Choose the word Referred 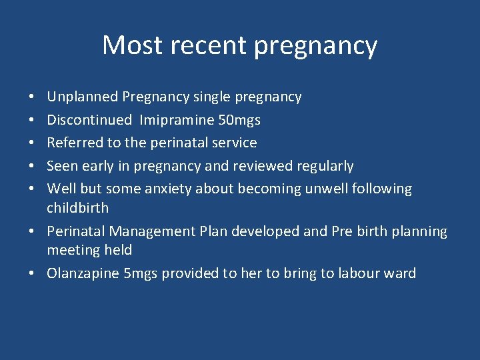pyautogui.click(x=73, y=143)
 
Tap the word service pyautogui.click(x=233, y=143)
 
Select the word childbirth pyautogui.click(x=77, y=207)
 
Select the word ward pyautogui.click(x=402, y=273)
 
